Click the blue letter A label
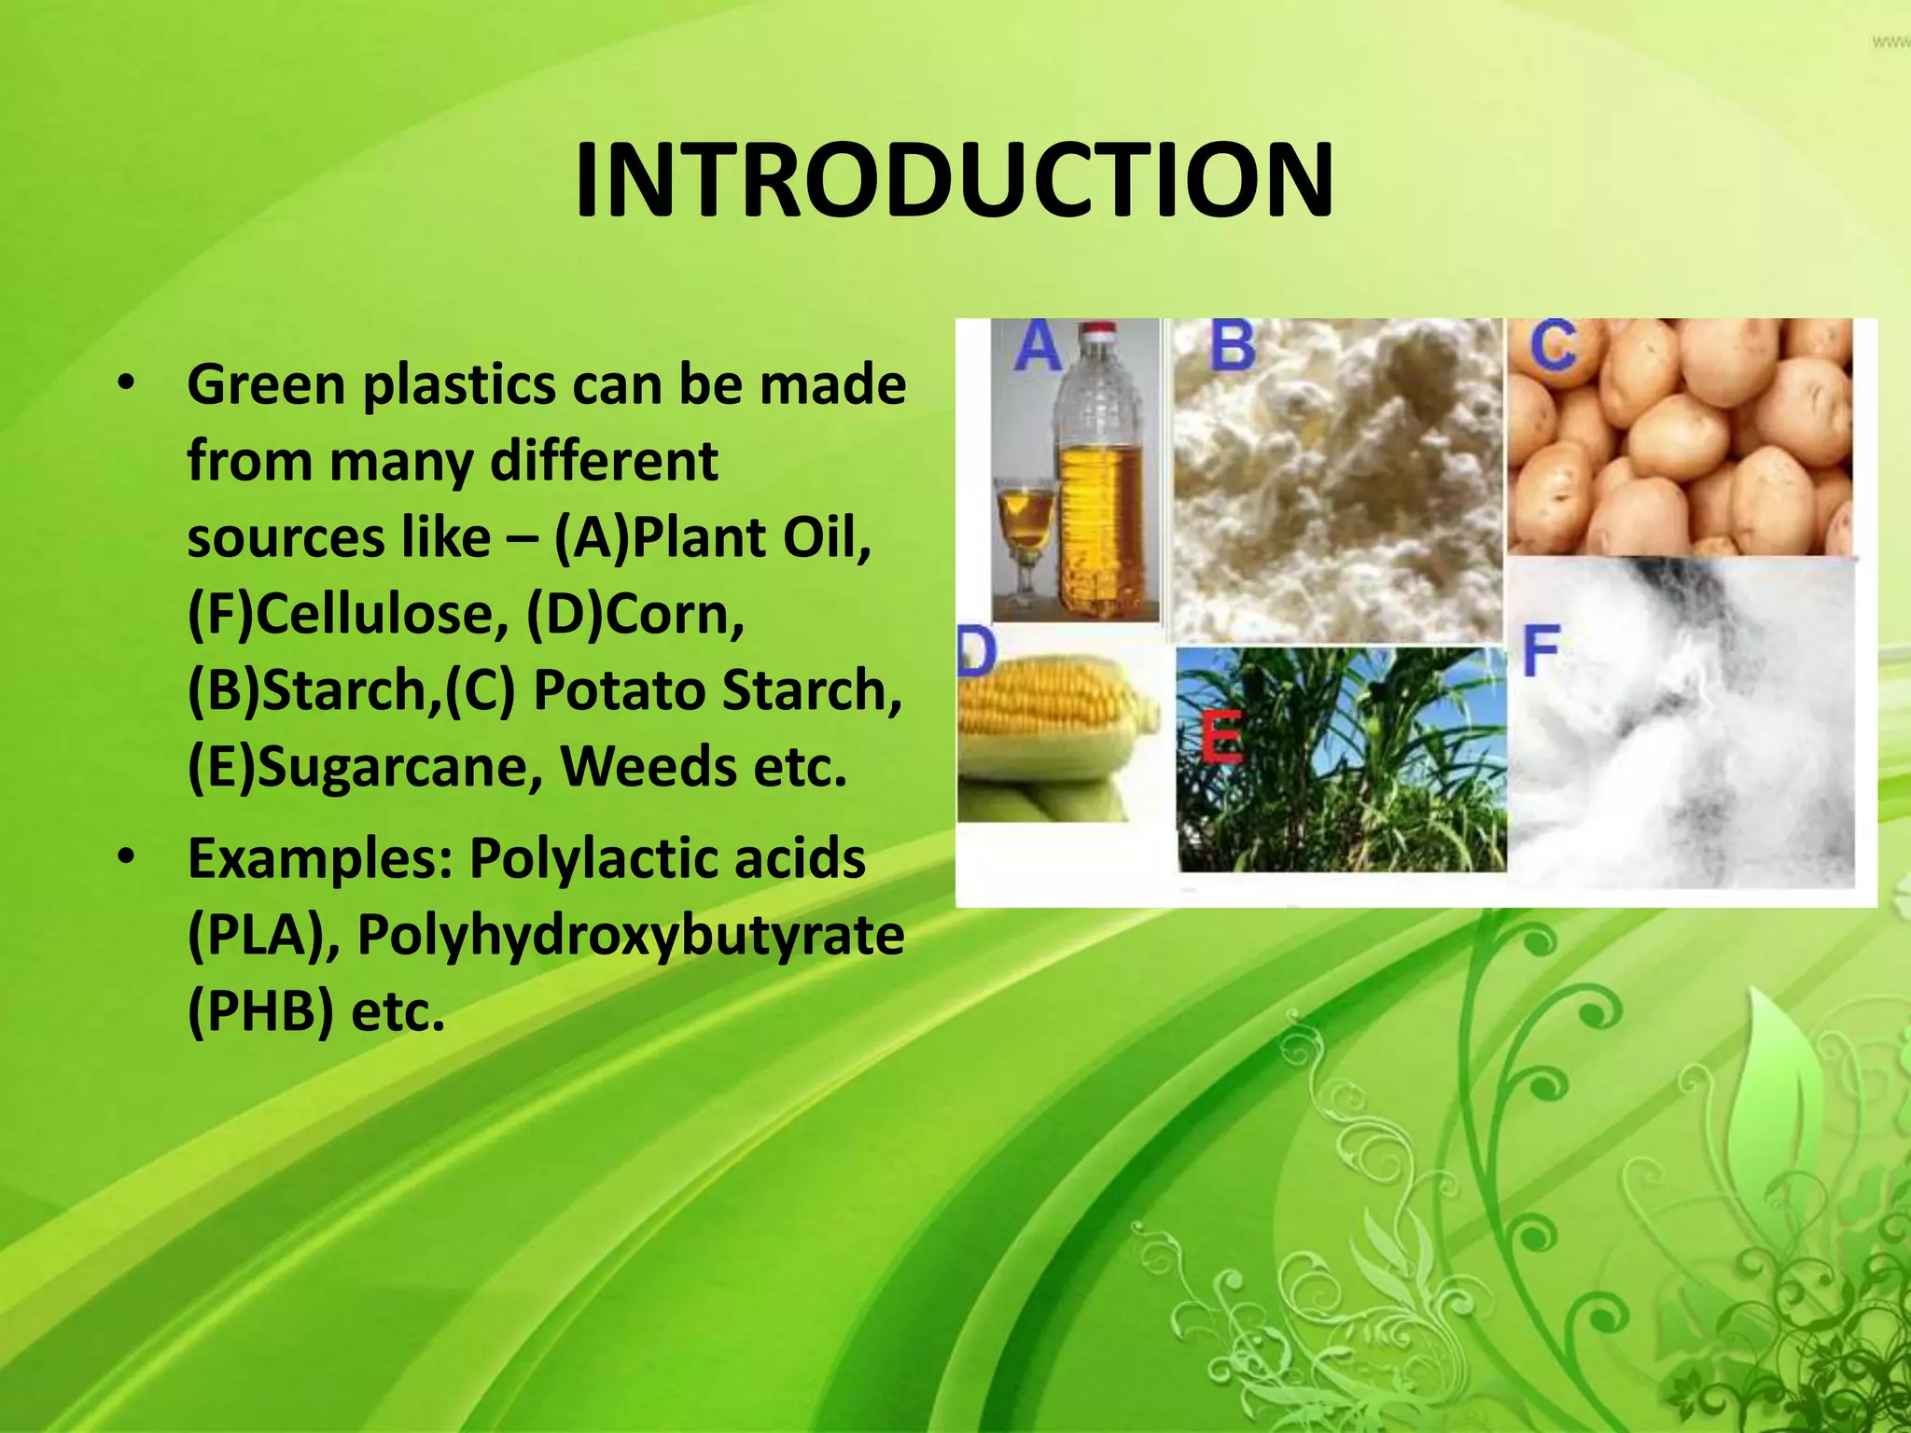pos(1039,347)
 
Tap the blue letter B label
pos(1232,345)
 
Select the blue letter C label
pos(1553,347)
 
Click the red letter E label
pos(1221,736)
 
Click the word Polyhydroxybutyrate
pos(631,934)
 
